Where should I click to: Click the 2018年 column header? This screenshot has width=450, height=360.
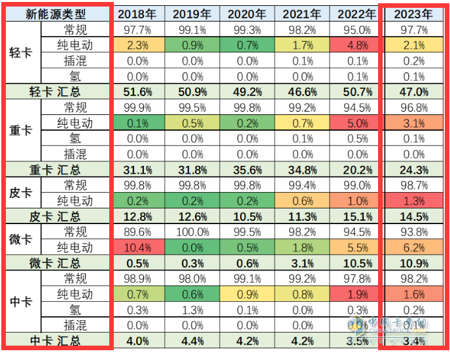tap(136, 14)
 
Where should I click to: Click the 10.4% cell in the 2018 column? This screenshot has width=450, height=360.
tap(136, 247)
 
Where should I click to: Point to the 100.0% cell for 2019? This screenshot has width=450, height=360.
tap(191, 231)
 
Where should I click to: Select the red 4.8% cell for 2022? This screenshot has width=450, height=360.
tap(356, 45)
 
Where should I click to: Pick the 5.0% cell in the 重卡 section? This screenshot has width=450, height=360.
tap(356, 123)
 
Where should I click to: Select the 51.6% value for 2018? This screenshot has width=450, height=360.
tap(136, 91)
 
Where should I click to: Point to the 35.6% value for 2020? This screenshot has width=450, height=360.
tap(246, 169)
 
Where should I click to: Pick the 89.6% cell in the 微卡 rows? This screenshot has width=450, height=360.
tap(136, 231)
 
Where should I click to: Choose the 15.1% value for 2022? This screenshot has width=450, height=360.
tap(356, 216)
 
